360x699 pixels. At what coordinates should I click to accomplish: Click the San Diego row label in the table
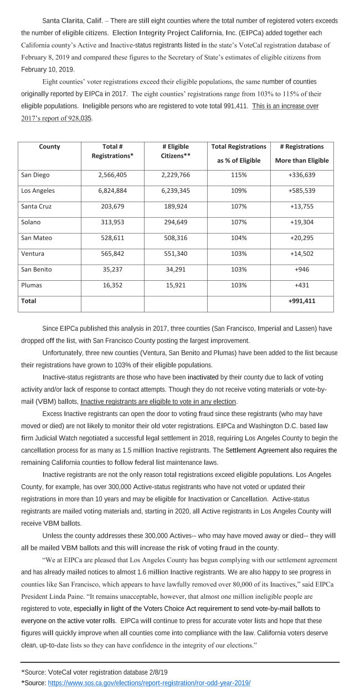35,175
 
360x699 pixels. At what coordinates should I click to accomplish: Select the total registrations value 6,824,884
112,191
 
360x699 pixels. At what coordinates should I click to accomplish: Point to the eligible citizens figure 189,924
176,206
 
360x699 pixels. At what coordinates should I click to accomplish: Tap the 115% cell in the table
239,175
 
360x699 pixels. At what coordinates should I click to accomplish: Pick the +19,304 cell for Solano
302,222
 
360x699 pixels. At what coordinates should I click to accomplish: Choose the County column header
50,147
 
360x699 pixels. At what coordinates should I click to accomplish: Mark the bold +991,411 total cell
302,301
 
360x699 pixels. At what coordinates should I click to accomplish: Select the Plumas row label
32,285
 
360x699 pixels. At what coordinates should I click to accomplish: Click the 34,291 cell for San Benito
176,270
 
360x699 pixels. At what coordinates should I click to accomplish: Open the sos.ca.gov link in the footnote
149,683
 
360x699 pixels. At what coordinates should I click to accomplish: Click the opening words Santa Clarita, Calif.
66,20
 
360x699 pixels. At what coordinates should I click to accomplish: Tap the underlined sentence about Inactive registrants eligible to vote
158,402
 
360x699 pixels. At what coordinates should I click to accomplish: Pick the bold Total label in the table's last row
29,301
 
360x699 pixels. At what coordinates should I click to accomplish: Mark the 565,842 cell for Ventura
112,254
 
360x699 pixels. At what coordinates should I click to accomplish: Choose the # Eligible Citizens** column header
176,151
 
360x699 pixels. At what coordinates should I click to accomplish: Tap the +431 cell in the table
302,285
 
